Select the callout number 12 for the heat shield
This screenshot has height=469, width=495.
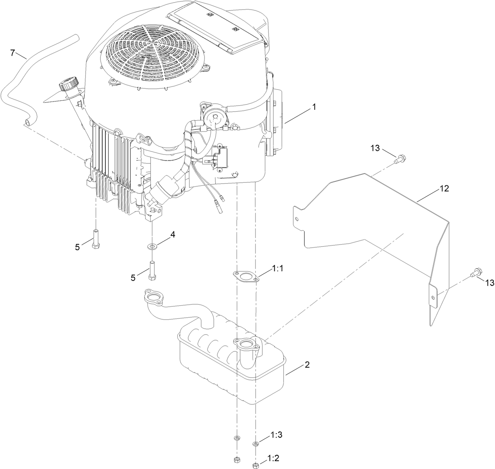[x=444, y=189]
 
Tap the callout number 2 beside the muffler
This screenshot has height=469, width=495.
[x=307, y=365]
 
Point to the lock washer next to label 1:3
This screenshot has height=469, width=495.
[x=256, y=444]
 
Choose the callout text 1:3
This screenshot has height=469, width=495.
[x=277, y=435]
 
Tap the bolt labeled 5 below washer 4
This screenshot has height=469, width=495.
[x=151, y=270]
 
